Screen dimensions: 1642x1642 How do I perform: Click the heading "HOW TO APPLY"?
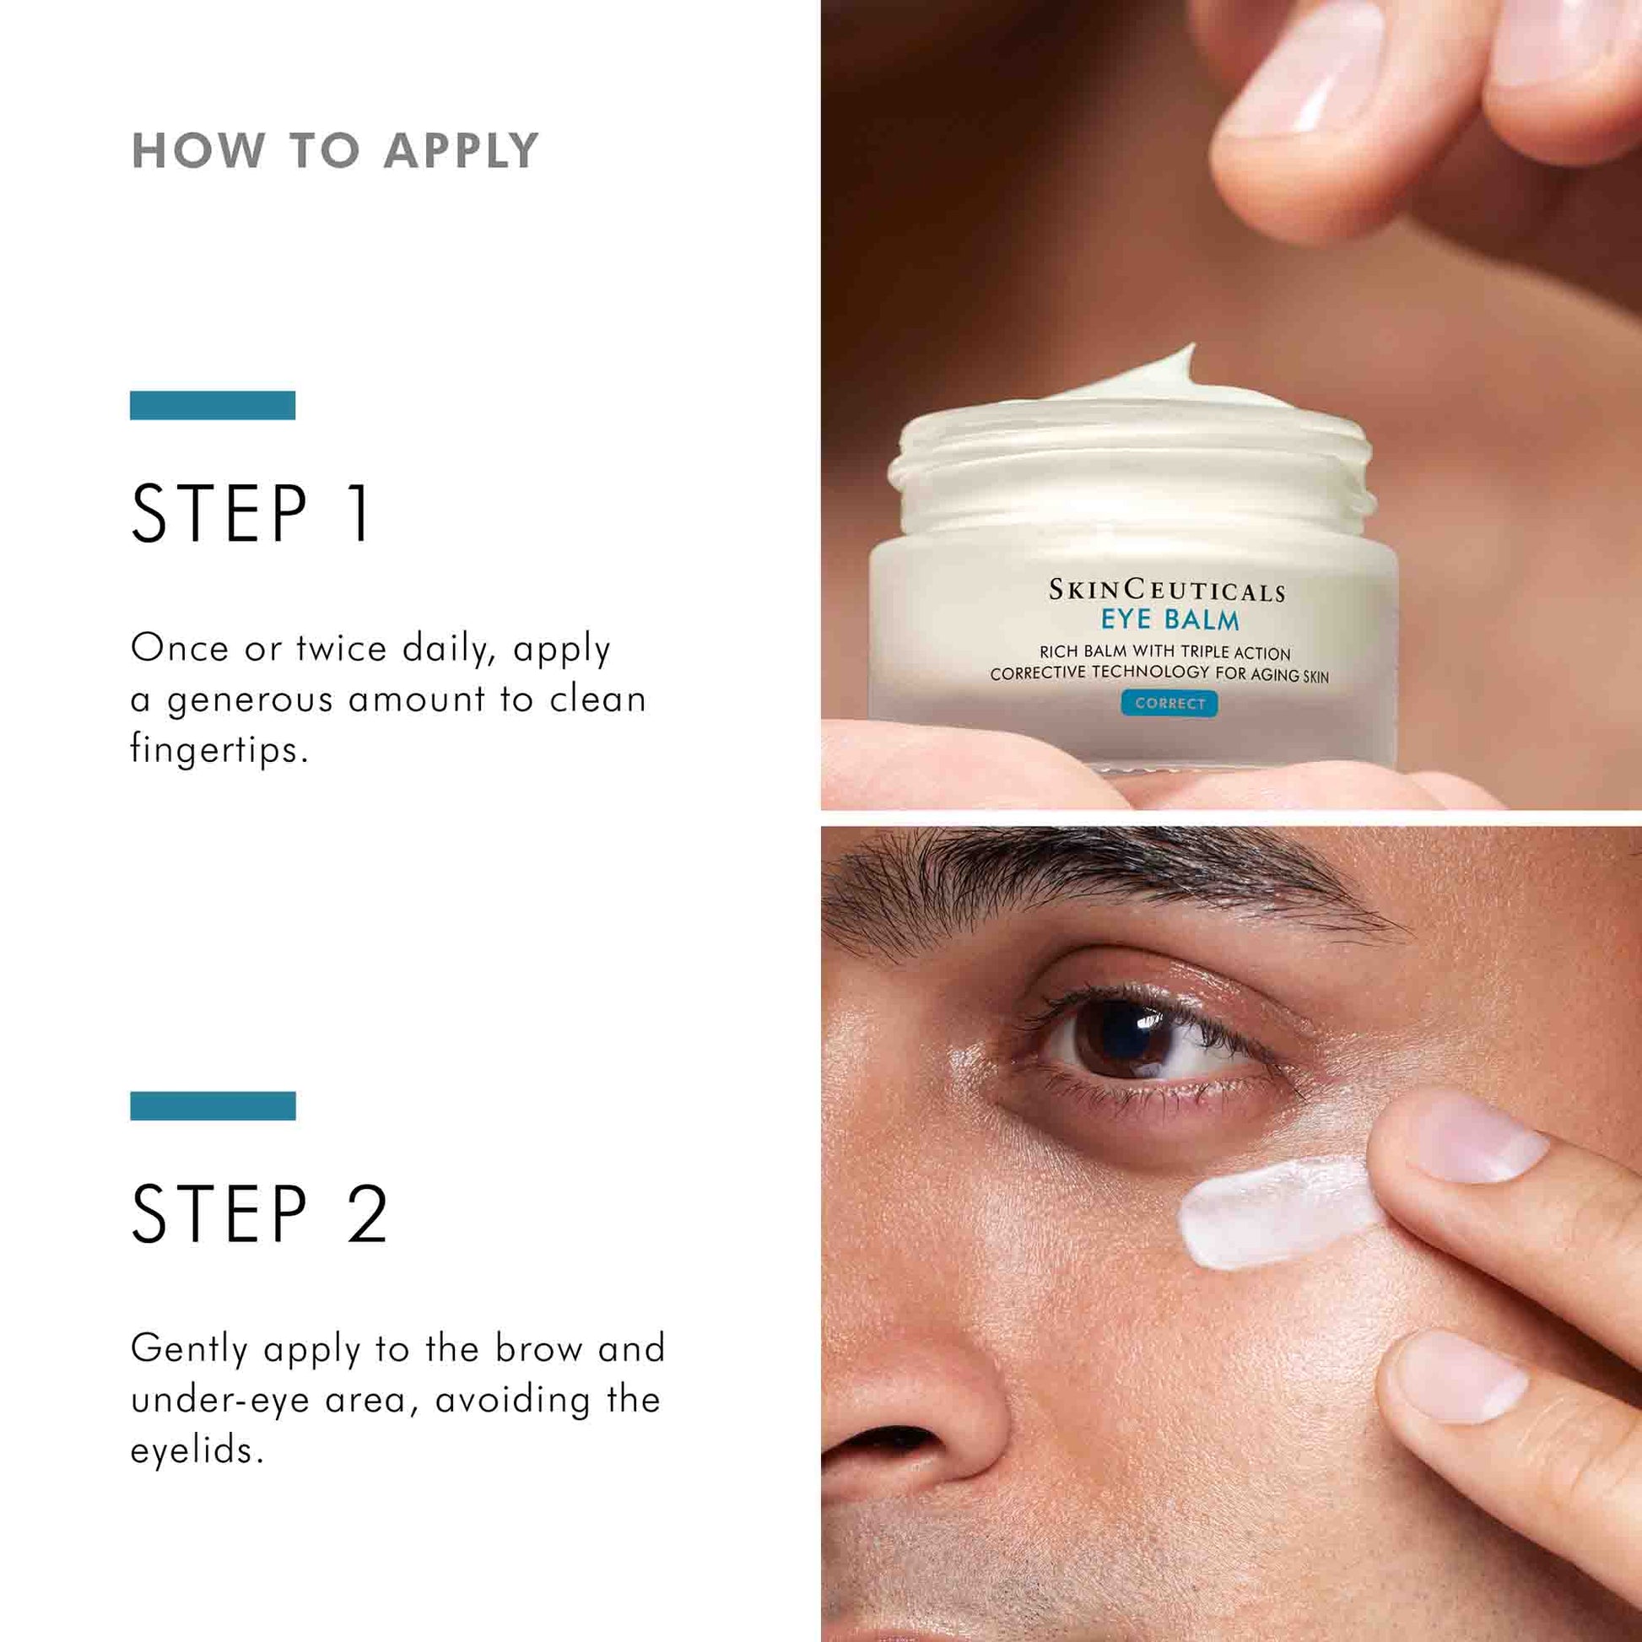point(335,150)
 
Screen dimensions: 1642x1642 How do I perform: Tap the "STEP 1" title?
point(251,513)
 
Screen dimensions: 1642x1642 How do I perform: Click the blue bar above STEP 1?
point(213,405)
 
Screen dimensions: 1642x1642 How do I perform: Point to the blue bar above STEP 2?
point(213,1105)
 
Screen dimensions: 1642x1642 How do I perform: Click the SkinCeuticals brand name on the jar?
point(1166,590)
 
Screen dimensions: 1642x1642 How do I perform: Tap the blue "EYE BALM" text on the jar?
point(1169,619)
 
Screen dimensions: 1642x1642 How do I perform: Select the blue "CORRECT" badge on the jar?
point(1169,704)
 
